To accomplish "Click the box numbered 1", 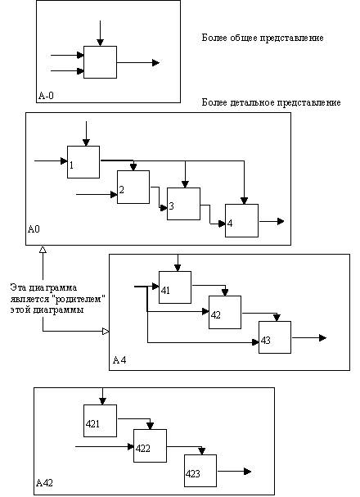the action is [x=83, y=162].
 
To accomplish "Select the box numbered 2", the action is [x=133, y=187].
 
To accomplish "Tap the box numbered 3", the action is [x=183, y=204].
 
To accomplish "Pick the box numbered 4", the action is [x=241, y=220].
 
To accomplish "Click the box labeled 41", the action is [x=175, y=287].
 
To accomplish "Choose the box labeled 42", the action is [x=225, y=312].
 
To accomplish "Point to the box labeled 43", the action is [x=275, y=337].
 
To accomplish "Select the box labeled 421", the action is [x=100, y=421].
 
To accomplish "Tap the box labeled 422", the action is [x=150, y=445].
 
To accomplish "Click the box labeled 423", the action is [x=200, y=471].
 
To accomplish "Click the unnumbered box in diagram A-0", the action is [x=100, y=62].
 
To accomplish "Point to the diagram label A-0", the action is [x=46, y=96].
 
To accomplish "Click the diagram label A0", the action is [x=34, y=228].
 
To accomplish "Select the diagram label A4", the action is [x=119, y=360].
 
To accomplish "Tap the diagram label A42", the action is [x=44, y=483].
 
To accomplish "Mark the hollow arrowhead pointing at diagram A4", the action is [x=106, y=332].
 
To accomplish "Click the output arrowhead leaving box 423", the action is [x=247, y=472].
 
